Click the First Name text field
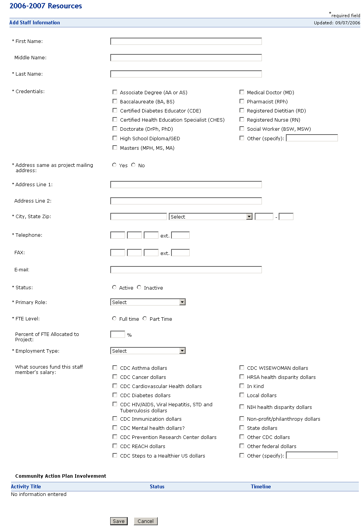(x=186, y=41)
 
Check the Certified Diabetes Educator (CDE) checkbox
(x=115, y=111)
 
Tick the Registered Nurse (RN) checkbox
(x=242, y=120)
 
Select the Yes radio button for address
(x=114, y=165)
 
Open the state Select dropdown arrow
(x=249, y=217)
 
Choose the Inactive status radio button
(x=139, y=287)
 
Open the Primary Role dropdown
(x=182, y=302)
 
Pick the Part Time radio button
(x=145, y=318)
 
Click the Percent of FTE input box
(x=117, y=334)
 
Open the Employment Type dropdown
(x=182, y=351)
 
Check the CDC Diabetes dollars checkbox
(x=115, y=395)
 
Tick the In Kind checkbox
(x=242, y=386)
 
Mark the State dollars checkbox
(x=242, y=428)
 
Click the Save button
(x=119, y=521)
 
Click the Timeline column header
(x=261, y=486)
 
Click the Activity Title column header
(x=26, y=486)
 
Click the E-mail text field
(x=186, y=270)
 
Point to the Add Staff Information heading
(x=35, y=23)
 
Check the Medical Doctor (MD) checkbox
(x=242, y=92)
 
